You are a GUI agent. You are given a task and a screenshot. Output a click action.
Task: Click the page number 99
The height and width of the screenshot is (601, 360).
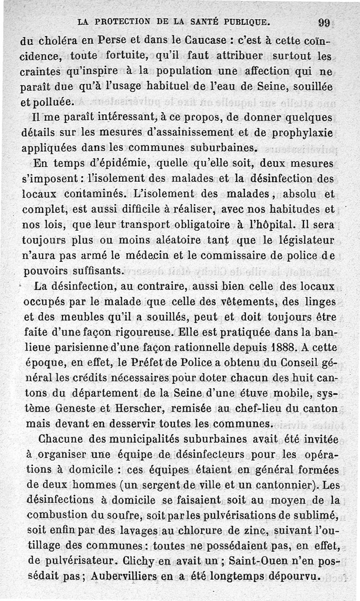(324, 22)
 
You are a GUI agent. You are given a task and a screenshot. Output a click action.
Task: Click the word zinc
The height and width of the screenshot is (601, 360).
(252, 531)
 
